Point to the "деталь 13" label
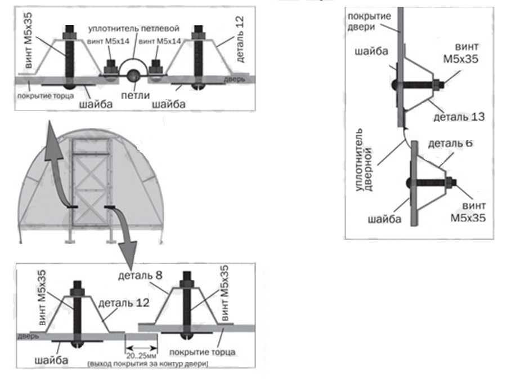[x=459, y=117]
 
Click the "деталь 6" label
[x=450, y=143]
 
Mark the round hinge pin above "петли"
[x=133, y=75]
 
